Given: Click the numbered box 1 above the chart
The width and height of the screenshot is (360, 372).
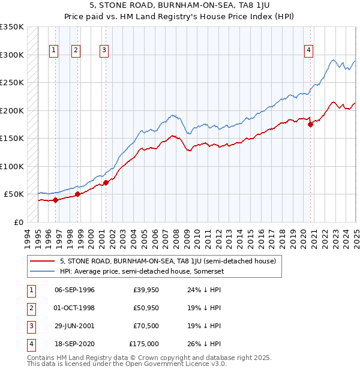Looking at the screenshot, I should (54, 51).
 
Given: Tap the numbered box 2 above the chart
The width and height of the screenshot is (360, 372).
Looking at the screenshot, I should (76, 51).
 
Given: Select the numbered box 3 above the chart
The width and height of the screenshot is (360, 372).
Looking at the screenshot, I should (104, 51).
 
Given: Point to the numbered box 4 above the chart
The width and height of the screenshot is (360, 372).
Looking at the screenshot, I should (308, 51).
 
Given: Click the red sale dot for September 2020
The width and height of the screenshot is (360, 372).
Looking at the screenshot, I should (311, 125).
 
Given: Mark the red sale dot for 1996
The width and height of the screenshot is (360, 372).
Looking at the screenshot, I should (55, 200).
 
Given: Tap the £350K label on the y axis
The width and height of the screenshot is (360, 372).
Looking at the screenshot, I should (12, 27).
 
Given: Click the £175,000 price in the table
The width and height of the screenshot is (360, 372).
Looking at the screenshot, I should (144, 344).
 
